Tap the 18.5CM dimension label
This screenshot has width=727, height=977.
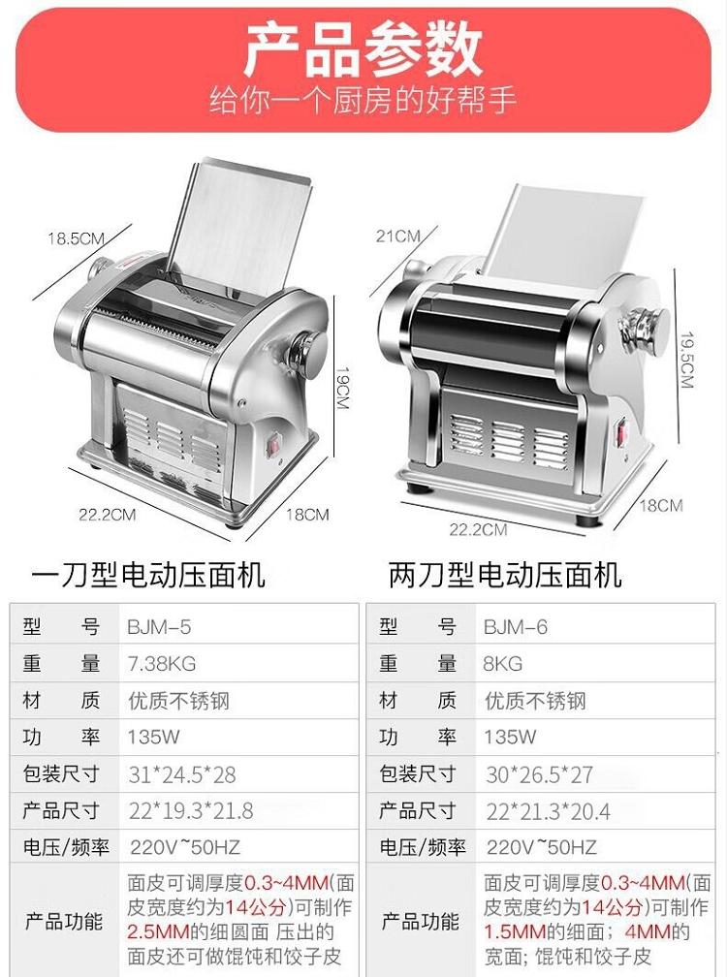click(76, 238)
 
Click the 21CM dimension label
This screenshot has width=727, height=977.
click(398, 236)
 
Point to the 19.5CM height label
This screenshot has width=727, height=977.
click(686, 360)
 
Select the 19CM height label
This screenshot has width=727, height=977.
click(342, 387)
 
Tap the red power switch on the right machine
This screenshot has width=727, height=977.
click(621, 433)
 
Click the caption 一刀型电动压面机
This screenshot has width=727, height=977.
click(148, 575)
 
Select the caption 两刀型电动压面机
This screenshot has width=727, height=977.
click(505, 575)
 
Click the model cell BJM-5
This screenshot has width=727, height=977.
click(159, 627)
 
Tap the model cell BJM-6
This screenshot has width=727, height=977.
click(515, 627)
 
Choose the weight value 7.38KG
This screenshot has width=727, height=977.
click(162, 664)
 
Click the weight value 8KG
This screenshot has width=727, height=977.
click(503, 664)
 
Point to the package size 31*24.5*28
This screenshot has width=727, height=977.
click(182, 775)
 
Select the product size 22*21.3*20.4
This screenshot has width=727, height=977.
click(549, 812)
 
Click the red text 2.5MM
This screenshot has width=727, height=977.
click(158, 932)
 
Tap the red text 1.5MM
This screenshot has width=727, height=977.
click(515, 932)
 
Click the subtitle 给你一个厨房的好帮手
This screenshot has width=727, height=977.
click(363, 101)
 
